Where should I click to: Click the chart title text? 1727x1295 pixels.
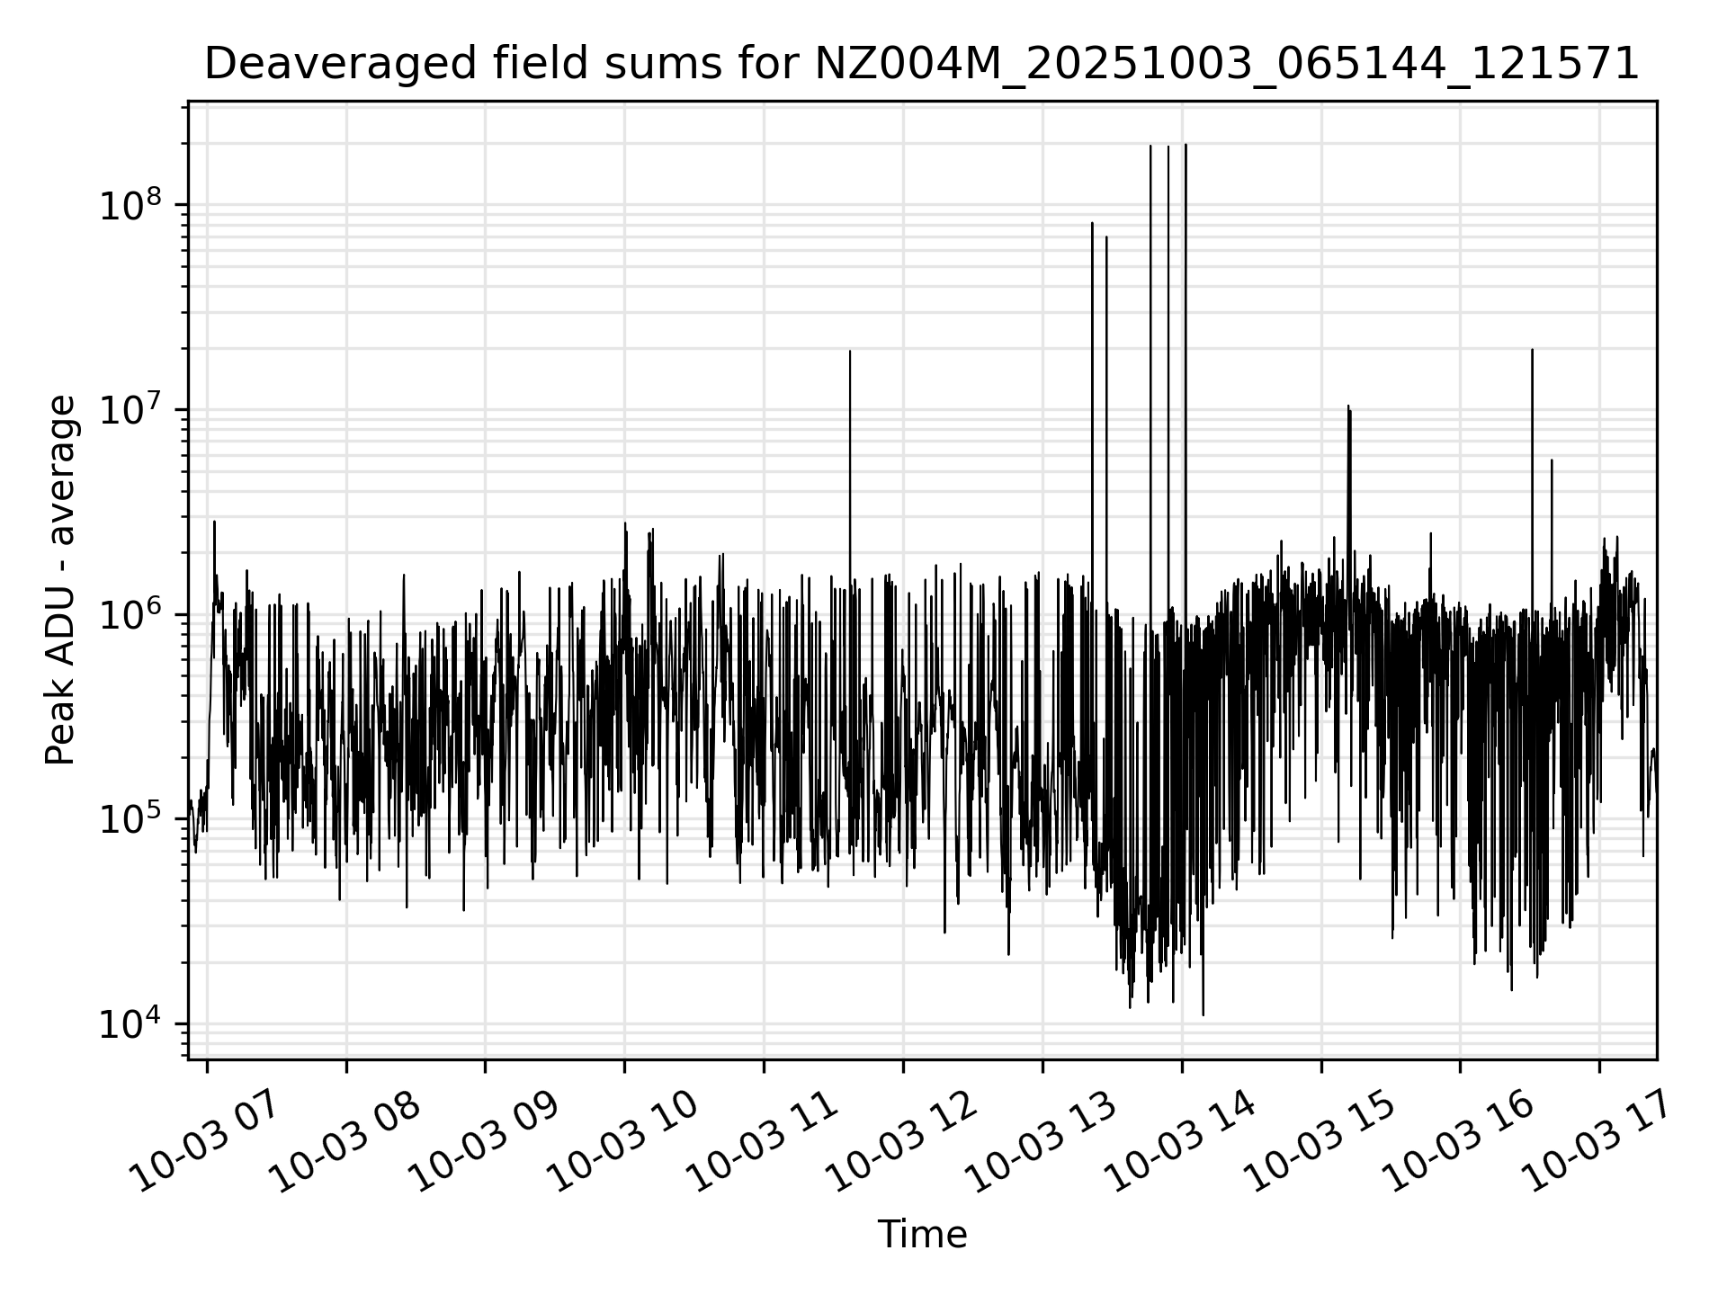click(x=922, y=64)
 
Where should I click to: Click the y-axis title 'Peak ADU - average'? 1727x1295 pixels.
click(x=60, y=581)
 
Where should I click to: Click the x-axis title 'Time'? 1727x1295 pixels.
click(x=922, y=1235)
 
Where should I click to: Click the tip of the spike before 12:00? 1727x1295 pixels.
click(x=850, y=352)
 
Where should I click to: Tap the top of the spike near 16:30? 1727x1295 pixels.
click(x=1532, y=350)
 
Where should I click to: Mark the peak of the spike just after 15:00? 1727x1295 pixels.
click(x=1348, y=406)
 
